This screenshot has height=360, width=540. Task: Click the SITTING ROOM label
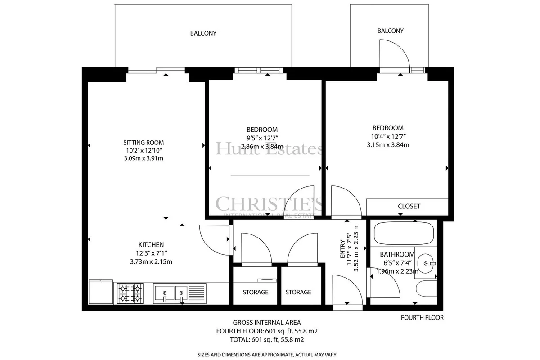pos(144,143)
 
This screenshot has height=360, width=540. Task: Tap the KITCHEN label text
pos(151,245)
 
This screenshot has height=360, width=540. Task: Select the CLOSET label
pos(409,206)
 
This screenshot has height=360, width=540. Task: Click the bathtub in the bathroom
pos(404,233)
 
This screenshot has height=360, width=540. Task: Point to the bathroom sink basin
pos(426,263)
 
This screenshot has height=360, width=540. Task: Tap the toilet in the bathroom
pos(426,288)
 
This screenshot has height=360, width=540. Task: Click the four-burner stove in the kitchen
pos(130,293)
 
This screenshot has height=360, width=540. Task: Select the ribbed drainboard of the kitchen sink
pos(197,293)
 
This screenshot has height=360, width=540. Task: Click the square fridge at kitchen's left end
pos(101,292)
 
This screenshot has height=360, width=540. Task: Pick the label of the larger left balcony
pos(203,33)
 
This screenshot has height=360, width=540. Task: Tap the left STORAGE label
pos(256,292)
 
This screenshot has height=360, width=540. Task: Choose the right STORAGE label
pos(298,292)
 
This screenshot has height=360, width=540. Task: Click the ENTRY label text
pos(342,249)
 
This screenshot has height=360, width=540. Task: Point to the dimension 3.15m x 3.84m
pos(388,145)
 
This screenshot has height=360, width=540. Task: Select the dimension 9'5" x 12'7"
pos(262,138)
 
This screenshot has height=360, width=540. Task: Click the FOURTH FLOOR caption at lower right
pos(422,318)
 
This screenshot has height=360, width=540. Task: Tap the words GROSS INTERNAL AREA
pos(267,323)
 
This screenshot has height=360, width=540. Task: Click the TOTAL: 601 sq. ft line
pos(267,339)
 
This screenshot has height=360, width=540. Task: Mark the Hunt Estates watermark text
pos(269,149)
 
